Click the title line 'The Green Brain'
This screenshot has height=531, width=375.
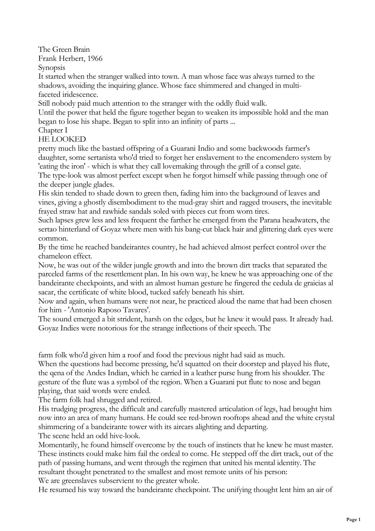64,49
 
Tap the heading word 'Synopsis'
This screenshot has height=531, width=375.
51,67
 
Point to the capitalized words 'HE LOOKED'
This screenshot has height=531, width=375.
62,139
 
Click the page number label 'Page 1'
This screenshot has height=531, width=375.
353,520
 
